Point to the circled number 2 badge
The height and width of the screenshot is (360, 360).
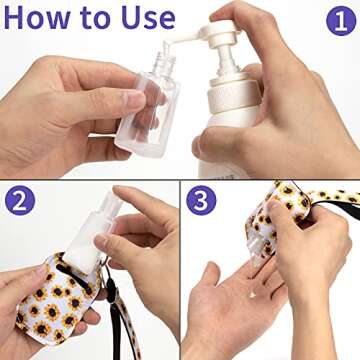click(x=21, y=201)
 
